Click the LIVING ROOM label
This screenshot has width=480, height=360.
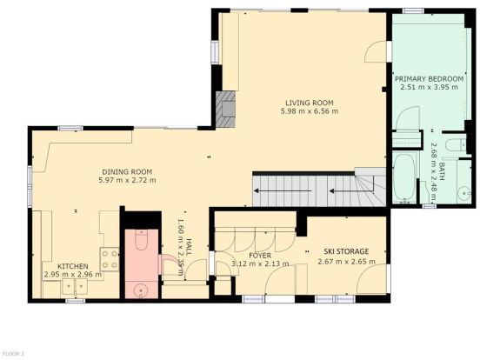coord(310,103)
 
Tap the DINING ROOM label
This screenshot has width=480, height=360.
coord(127,171)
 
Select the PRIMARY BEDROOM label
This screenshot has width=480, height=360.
coord(430,79)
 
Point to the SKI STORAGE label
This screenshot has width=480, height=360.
coord(346,251)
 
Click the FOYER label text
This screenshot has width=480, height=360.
coord(260,256)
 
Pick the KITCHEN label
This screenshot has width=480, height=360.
coord(73,266)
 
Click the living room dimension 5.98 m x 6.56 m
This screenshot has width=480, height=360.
coord(310,111)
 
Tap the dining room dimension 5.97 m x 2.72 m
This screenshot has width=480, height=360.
coord(127,180)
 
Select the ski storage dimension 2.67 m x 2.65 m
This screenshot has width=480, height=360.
coord(347,262)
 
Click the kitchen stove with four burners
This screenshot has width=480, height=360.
coord(110,259)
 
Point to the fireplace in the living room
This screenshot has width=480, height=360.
coord(225,110)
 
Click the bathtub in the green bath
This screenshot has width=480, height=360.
coord(404,177)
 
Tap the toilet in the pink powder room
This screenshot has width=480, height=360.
coord(141,240)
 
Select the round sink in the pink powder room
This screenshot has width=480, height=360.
coord(141,290)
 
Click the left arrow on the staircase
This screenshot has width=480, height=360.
coord(283,191)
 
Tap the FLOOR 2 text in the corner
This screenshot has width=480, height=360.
coord(12,354)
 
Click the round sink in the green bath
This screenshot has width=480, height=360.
coord(465,193)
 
